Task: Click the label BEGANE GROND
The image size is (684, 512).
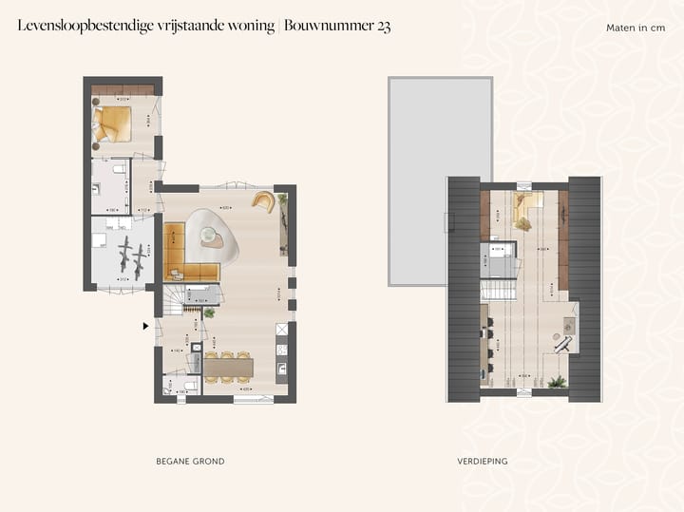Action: point(190,461)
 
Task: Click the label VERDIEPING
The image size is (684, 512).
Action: point(483,461)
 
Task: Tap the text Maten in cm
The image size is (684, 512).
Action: point(636,28)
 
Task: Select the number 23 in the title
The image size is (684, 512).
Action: point(382,27)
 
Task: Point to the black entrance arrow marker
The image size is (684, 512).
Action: point(145,326)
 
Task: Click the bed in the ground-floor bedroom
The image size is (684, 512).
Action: point(114,123)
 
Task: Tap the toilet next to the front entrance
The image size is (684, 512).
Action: point(169,389)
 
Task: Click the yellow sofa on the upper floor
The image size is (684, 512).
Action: point(525,208)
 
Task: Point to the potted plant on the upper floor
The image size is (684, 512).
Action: point(557,382)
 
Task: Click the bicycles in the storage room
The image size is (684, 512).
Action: point(132,256)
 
